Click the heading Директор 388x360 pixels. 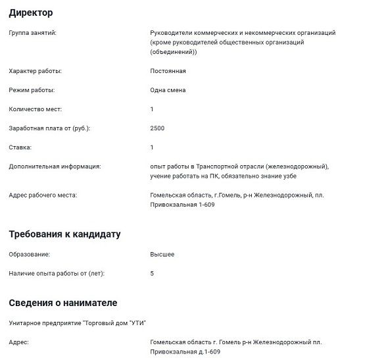coord(31,13)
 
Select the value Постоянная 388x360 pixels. coord(168,70)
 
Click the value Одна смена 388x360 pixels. coord(168,90)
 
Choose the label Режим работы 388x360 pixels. coord(32,90)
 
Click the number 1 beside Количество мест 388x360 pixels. coord(152,109)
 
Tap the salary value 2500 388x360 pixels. coord(157,128)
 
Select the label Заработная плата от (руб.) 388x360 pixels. coord(49,128)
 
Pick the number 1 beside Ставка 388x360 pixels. coord(152,147)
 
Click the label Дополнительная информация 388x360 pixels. coord(55,167)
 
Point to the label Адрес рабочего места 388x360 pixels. coord(43,195)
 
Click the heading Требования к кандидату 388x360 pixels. coord(64,234)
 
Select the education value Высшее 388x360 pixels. coord(162,253)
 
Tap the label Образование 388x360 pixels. coord(29,253)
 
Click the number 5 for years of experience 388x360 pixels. coord(152,272)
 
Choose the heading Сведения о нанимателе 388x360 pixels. coord(63,303)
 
